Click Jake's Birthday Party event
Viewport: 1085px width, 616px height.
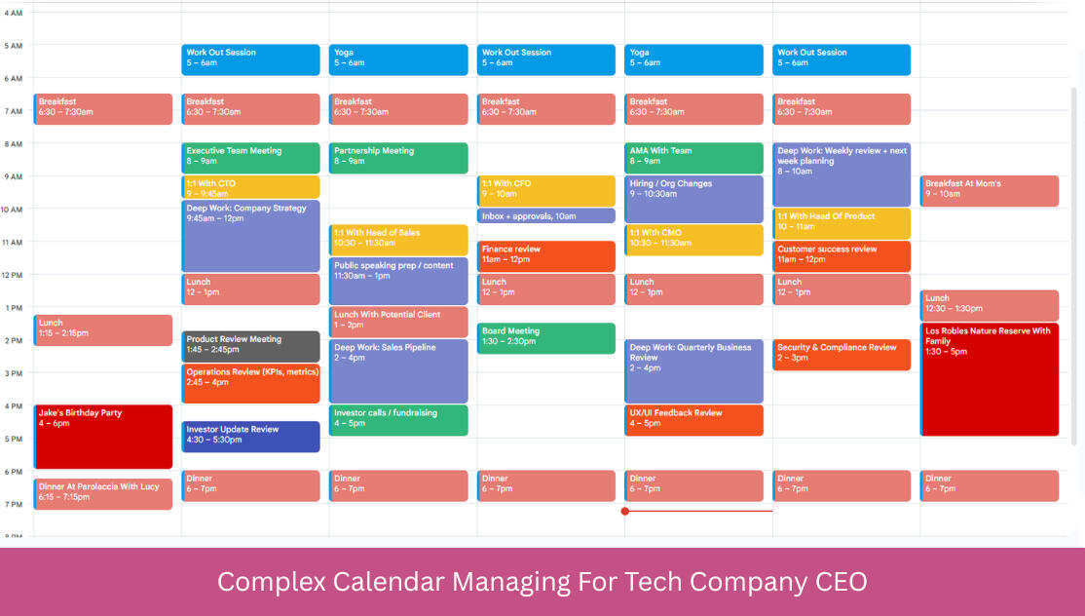pos(103,437)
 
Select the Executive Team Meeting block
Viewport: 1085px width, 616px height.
pos(250,158)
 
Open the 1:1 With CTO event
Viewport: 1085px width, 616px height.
pos(250,187)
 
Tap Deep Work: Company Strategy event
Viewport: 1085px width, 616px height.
pos(250,236)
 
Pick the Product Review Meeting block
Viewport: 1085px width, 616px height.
pos(250,346)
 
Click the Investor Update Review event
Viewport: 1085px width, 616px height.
pos(250,437)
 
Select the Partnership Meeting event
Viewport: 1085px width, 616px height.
pos(398,158)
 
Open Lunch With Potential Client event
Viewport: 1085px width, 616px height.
pos(398,322)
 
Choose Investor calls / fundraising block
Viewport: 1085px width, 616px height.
pos(398,420)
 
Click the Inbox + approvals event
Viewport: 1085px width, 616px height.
pos(546,216)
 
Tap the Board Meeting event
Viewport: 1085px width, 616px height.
pos(546,338)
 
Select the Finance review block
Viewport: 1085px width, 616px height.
pos(546,256)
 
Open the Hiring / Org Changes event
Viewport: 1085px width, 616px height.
pos(694,200)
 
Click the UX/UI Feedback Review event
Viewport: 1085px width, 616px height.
pos(694,420)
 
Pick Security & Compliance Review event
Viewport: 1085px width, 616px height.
pos(842,355)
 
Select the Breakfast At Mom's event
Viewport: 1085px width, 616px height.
pos(990,191)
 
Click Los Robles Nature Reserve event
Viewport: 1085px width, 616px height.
pos(990,379)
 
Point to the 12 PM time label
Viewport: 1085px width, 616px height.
pos(12,275)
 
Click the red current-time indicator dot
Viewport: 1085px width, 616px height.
pos(625,512)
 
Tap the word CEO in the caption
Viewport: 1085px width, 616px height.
pos(842,581)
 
